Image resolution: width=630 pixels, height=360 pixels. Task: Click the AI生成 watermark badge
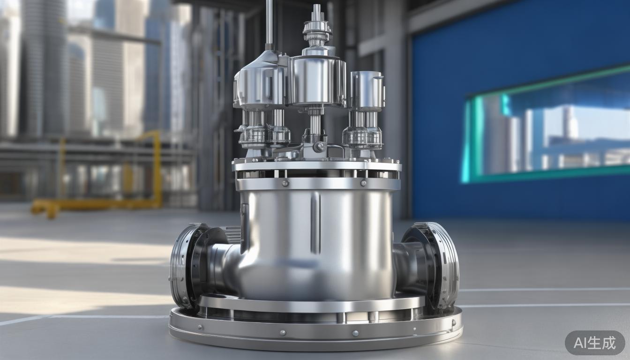[x=595, y=343]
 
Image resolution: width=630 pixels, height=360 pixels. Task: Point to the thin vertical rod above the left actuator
[x=270, y=25]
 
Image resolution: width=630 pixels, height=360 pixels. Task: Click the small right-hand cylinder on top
[x=367, y=90]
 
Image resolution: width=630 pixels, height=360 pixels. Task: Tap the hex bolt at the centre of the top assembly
[x=319, y=146]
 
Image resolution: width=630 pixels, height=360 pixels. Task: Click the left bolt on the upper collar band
[x=285, y=184]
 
